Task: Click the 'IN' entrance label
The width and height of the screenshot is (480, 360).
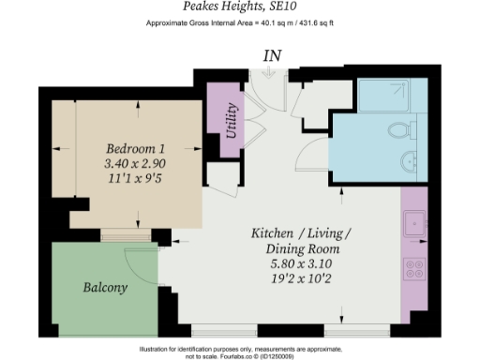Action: pyautogui.click(x=272, y=55)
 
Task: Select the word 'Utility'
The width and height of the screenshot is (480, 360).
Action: pyautogui.click(x=232, y=119)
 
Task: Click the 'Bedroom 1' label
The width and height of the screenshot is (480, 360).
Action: pyautogui.click(x=137, y=148)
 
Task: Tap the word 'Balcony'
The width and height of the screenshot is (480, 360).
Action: pyautogui.click(x=105, y=287)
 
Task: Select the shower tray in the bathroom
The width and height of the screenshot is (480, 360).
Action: pyautogui.click(x=392, y=95)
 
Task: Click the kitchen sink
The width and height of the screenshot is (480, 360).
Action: pyautogui.click(x=413, y=226)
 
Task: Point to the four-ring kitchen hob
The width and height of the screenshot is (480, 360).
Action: pyautogui.click(x=413, y=269)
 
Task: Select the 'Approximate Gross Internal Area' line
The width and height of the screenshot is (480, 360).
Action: pyautogui.click(x=239, y=22)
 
